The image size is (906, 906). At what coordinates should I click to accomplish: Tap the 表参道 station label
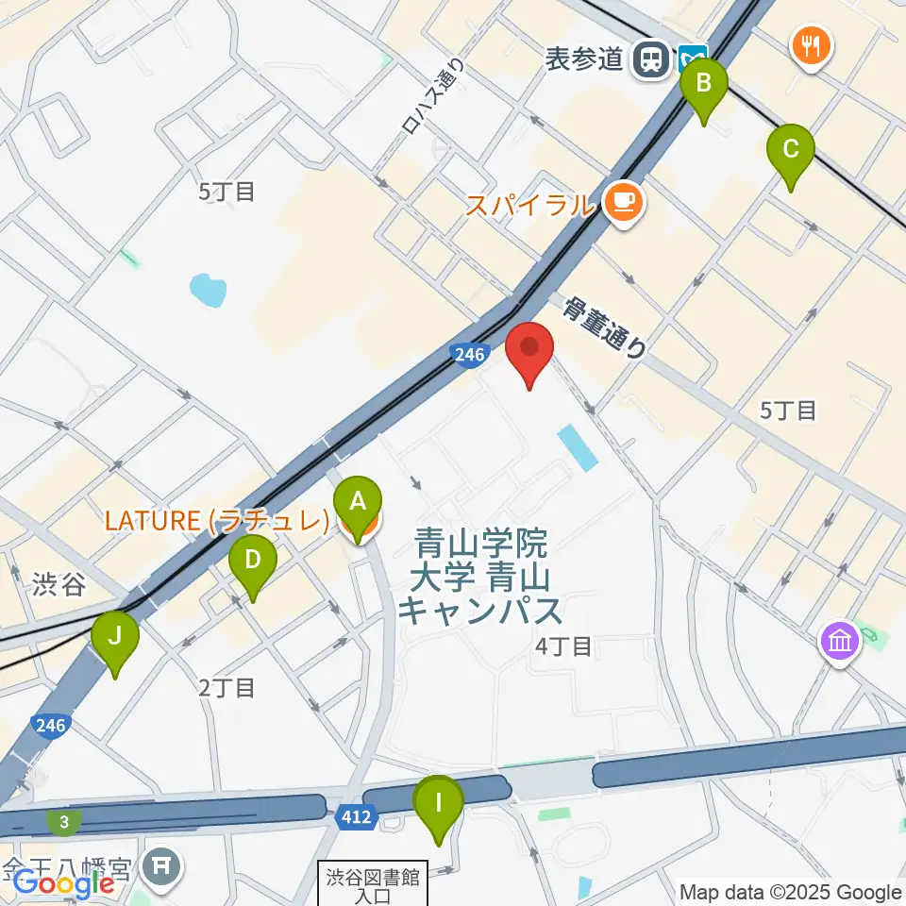(x=585, y=59)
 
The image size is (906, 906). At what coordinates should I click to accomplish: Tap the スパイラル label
(x=531, y=204)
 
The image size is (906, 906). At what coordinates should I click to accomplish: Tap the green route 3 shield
(x=63, y=823)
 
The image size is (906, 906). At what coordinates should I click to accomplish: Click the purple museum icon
(x=837, y=642)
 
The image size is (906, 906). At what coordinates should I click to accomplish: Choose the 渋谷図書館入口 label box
(x=373, y=882)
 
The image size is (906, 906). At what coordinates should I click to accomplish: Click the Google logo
(x=63, y=883)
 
